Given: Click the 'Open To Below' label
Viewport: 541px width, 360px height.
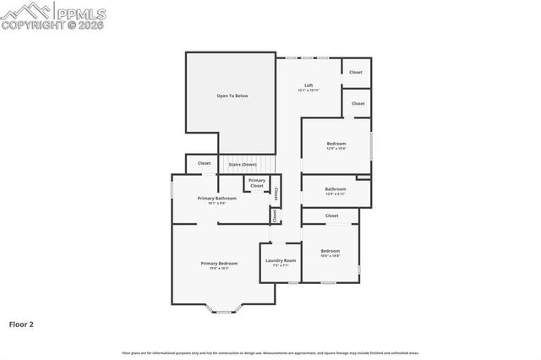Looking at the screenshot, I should click(x=232, y=96).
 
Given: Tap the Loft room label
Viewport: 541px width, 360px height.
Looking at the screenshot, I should click(x=309, y=85).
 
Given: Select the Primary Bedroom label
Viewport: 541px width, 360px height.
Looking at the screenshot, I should click(x=219, y=264).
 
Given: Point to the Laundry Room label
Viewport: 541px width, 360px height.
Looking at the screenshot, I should click(x=280, y=260).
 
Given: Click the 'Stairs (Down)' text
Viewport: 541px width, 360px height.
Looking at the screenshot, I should click(x=243, y=164).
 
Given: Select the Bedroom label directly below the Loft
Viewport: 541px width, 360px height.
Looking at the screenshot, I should click(x=336, y=144).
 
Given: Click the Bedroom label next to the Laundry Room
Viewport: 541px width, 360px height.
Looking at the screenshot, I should click(x=331, y=250).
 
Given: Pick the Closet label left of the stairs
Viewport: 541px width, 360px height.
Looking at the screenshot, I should click(x=205, y=163).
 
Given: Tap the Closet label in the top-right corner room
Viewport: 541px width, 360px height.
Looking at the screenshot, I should click(x=356, y=72).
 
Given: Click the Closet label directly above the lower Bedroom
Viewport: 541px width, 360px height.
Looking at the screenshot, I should click(x=332, y=215).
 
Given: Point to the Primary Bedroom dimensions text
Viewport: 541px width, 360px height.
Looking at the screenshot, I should click(x=219, y=269).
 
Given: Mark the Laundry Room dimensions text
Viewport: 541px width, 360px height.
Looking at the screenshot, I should click(x=280, y=265).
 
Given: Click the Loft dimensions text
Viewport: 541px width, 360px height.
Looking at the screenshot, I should click(x=309, y=90).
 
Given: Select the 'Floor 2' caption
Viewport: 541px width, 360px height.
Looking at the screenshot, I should click(x=21, y=324).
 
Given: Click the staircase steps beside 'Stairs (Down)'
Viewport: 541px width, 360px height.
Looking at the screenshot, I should click(x=263, y=165).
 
